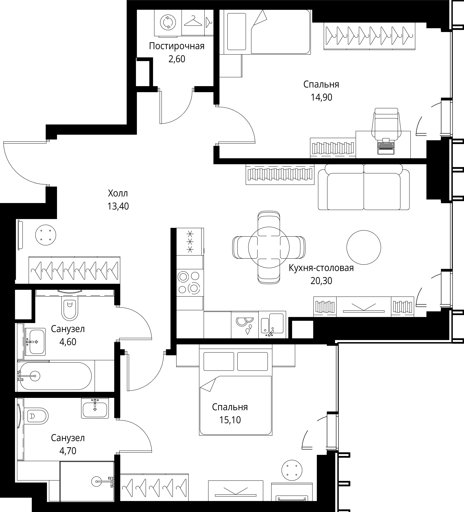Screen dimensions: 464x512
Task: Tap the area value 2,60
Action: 177,59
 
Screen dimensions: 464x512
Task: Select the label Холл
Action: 118,194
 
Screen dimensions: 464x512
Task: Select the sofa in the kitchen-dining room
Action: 364,187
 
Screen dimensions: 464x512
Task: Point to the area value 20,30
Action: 321,281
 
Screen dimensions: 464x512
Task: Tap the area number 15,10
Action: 230,420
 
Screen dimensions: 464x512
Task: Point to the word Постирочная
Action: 177,46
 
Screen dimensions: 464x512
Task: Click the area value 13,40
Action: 118,206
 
